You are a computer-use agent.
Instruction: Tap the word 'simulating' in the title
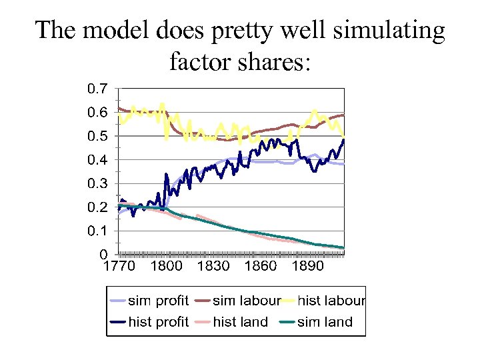pyautogui.click(x=385, y=31)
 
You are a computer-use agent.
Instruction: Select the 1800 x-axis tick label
pyautogui.click(x=167, y=267)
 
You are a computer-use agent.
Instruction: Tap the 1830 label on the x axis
pyautogui.click(x=213, y=267)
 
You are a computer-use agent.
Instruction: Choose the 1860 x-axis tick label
pyautogui.click(x=261, y=267)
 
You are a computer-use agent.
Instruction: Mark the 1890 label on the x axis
pyautogui.click(x=307, y=267)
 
